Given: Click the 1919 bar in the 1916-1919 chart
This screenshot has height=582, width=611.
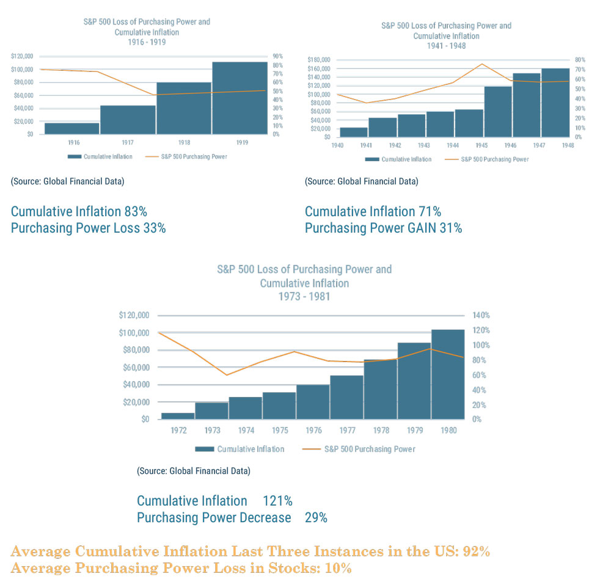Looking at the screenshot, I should [x=240, y=98].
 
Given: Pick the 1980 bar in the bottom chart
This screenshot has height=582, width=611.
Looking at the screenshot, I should [x=447, y=374].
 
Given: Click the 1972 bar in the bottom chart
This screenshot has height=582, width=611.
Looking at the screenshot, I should [x=178, y=416].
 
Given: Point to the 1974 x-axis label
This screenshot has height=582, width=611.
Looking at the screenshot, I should [x=246, y=431].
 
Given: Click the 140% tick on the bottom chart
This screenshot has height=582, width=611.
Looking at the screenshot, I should [x=480, y=316].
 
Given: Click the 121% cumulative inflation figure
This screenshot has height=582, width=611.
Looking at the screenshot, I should [x=277, y=501].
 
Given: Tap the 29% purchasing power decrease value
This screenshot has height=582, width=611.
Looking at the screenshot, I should [x=316, y=518].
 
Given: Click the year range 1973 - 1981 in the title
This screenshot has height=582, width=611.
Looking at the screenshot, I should [x=304, y=297].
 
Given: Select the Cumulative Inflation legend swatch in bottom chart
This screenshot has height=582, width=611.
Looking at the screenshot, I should [x=205, y=449].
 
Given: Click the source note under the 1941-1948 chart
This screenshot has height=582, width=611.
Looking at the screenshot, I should [x=361, y=181].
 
